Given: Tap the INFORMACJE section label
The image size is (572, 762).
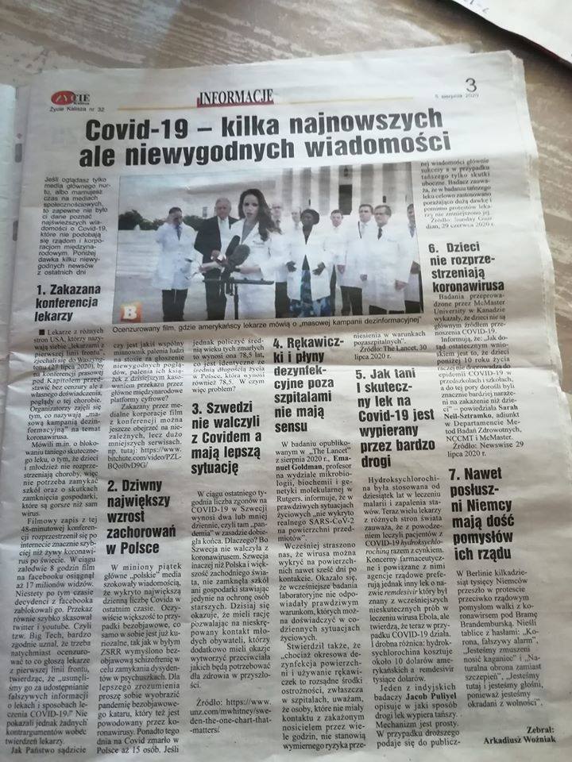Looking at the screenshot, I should pos(235,98).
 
